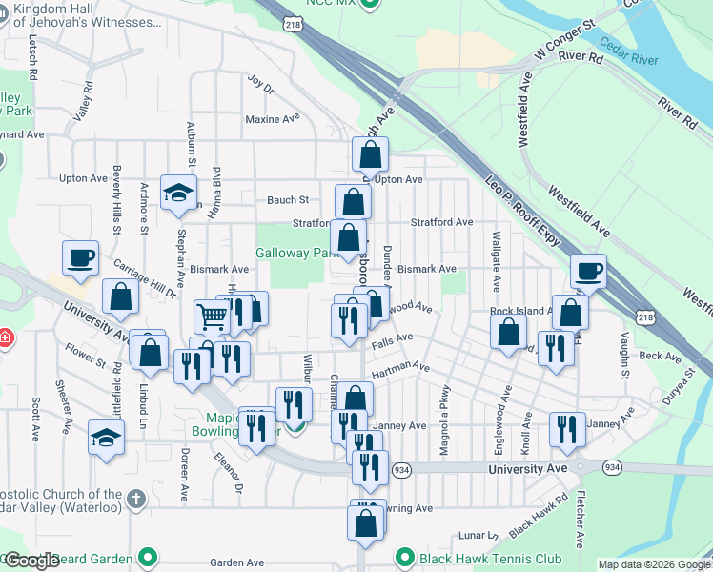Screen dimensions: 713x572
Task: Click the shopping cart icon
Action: pos(212,316)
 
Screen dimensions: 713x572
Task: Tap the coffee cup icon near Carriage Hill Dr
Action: pos(81,257)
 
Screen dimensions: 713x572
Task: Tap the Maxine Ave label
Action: pos(272,119)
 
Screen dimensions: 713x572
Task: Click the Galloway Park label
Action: pos(297,254)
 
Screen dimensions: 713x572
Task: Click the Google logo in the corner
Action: pos(31,561)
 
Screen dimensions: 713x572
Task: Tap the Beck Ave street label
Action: pos(661,357)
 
